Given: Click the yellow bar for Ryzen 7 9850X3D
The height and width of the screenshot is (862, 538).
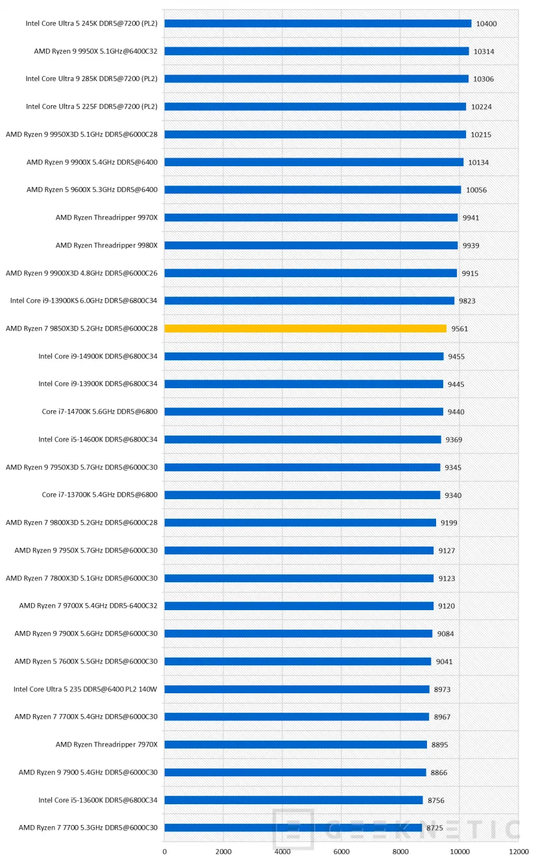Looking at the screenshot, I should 305,328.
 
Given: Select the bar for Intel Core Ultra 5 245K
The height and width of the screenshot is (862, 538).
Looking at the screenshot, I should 317,23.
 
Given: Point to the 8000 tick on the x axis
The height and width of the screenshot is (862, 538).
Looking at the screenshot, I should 400,852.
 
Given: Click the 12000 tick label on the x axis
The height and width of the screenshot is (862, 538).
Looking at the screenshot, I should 519,852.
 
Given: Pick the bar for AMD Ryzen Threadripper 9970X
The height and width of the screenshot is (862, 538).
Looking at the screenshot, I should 311,217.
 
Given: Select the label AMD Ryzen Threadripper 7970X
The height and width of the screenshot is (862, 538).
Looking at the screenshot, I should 106,745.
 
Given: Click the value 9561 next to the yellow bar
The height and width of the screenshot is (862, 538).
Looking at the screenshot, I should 459,329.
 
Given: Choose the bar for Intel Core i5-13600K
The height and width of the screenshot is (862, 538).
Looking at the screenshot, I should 293,800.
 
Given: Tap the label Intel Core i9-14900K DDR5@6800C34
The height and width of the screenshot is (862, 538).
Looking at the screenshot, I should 98,356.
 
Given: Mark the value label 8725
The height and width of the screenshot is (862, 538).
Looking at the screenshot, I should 435,828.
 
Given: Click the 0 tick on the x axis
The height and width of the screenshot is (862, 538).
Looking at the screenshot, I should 164,852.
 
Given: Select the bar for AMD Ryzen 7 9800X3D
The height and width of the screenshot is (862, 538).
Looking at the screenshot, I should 300,523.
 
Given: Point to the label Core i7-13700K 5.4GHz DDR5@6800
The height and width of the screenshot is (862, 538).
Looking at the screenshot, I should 100,495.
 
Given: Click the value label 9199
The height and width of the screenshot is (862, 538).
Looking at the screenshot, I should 449,523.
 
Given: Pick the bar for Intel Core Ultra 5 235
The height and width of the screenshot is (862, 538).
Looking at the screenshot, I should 297,689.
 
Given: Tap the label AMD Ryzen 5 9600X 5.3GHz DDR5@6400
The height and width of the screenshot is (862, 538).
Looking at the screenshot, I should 92,190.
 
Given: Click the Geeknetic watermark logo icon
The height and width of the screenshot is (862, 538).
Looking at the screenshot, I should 293,829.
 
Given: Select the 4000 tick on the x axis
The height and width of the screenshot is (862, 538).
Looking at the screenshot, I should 282,852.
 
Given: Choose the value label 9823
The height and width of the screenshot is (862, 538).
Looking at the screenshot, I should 467,301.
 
